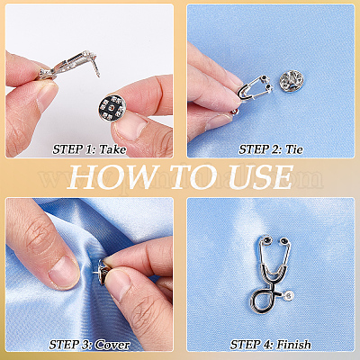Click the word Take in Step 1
pos(112,149)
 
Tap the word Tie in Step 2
pos(294,149)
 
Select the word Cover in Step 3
pos(112,345)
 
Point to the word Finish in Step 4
pos(293,345)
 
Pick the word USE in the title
pos(261,177)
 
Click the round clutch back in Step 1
pos(111,108)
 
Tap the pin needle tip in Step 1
pos(99,76)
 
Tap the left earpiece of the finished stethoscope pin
pos(265,240)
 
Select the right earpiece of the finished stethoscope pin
pos(283,240)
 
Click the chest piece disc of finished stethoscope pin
pos(289,296)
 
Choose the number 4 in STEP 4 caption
pos(269,345)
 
